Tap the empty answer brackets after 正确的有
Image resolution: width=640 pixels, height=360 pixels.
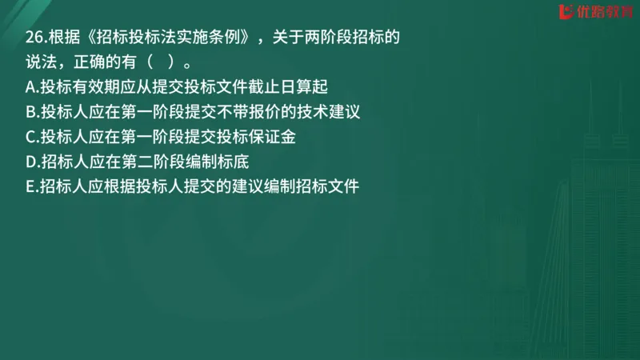pos(166,62)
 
